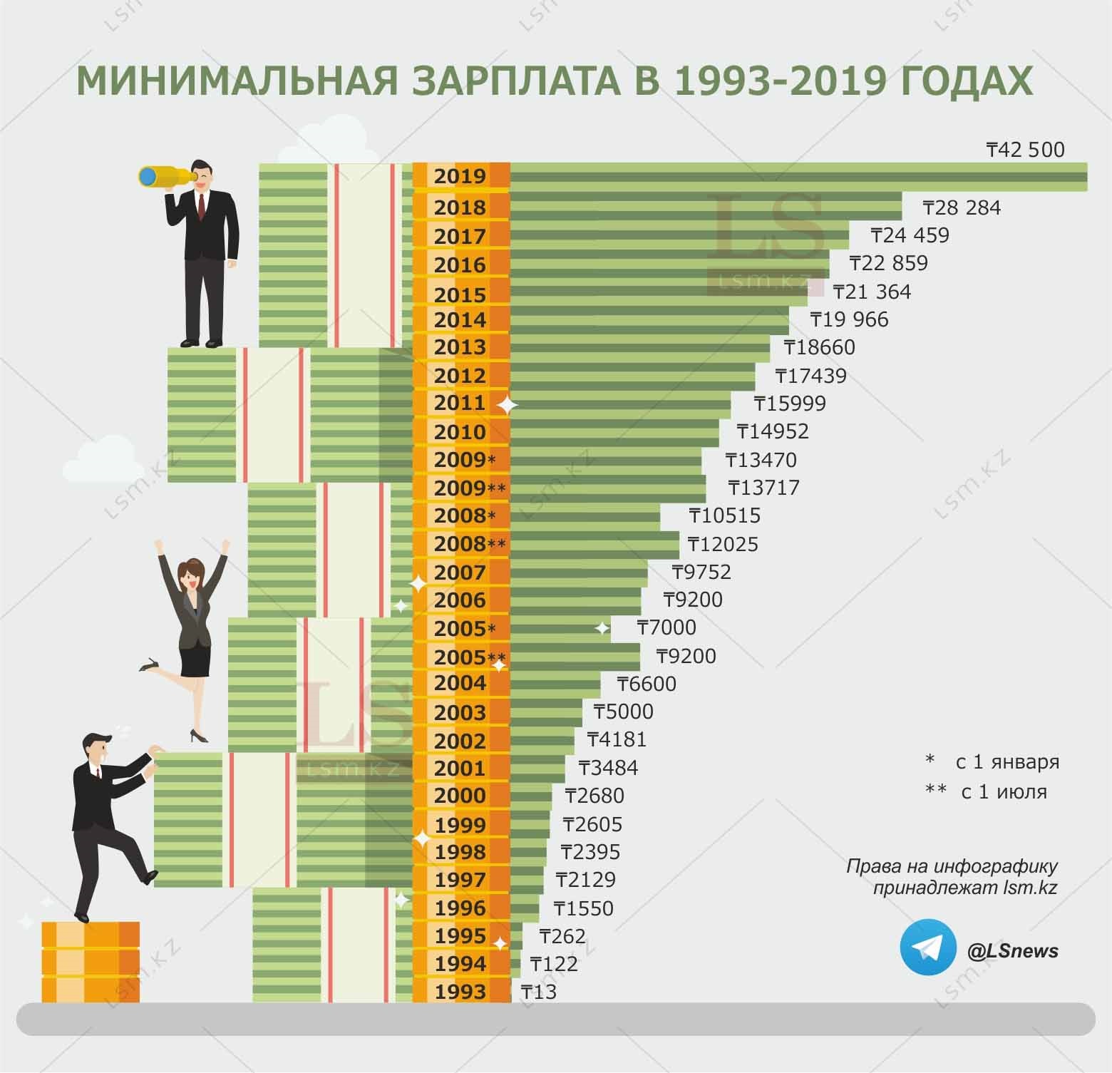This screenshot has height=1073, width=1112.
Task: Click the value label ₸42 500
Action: point(1025,150)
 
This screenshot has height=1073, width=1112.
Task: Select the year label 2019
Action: point(460,176)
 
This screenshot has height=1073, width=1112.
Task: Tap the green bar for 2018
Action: point(706,207)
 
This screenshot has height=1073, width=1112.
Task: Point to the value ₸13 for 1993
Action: point(539,992)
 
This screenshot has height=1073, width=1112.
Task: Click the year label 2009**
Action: point(469,488)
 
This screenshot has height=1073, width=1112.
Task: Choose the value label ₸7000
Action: point(666,627)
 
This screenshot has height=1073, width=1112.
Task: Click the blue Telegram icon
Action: point(927,947)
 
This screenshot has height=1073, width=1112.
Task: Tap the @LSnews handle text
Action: point(1012,950)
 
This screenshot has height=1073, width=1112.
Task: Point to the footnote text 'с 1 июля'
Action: point(1004,791)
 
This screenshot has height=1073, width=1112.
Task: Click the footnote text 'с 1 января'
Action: point(1007,761)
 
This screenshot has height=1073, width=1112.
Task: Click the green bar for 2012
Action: point(632,375)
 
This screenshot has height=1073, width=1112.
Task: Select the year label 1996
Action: point(460,908)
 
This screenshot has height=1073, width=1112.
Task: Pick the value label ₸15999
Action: point(789,404)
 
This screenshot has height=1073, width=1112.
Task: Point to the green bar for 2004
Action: point(555,684)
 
